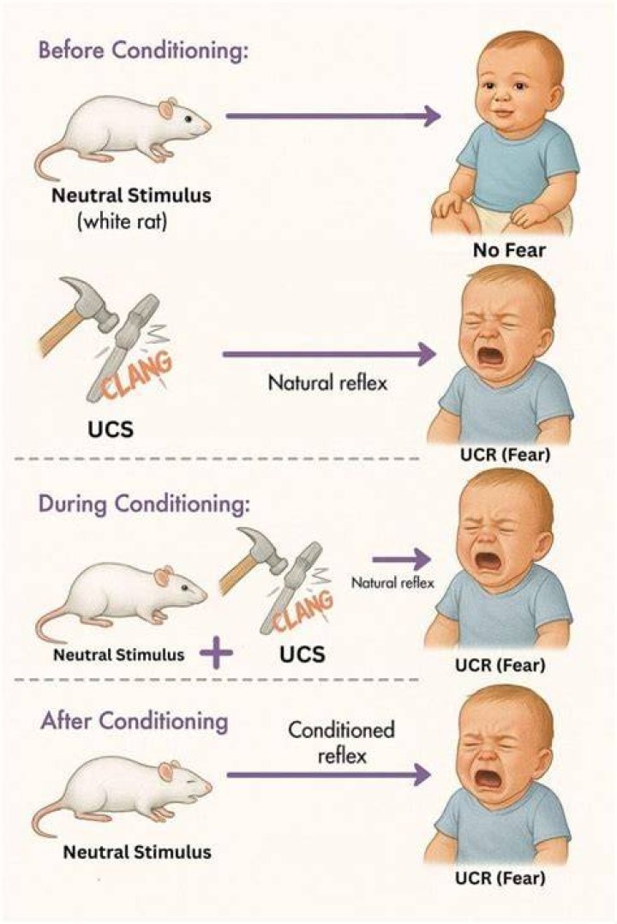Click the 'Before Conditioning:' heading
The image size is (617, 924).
click(x=143, y=51)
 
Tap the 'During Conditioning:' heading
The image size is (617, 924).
click(x=144, y=504)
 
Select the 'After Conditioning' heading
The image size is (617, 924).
click(x=135, y=722)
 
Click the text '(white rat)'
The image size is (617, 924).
click(x=122, y=222)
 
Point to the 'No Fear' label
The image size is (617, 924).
click(x=508, y=250)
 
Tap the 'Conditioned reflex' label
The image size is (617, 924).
click(x=341, y=742)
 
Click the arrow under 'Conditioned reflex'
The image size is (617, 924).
click(x=329, y=774)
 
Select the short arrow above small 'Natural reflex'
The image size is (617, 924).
click(x=401, y=559)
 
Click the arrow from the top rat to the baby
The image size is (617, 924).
click(x=333, y=116)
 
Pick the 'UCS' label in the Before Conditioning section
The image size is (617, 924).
click(x=111, y=429)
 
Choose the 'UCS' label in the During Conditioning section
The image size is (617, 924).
click(x=303, y=654)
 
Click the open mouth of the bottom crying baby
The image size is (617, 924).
click(x=488, y=780)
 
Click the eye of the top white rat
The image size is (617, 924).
click(x=188, y=118)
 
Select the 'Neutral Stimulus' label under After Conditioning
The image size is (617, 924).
click(x=137, y=852)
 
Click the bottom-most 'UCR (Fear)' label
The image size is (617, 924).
click(x=500, y=879)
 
